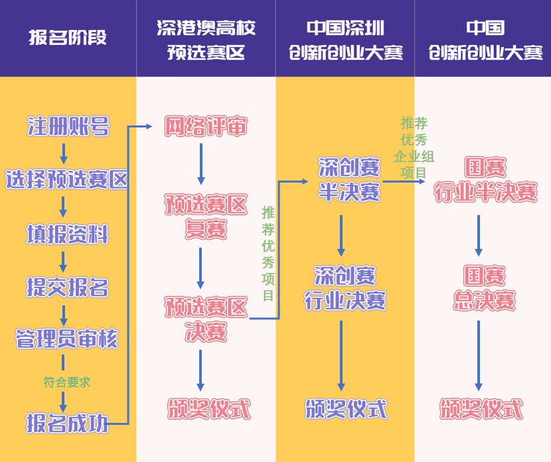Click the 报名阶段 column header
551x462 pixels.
pyautogui.click(x=68, y=37)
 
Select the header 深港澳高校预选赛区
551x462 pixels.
pyautogui.click(x=206, y=40)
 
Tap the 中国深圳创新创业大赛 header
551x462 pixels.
pyautogui.click(x=345, y=40)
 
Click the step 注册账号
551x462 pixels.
pyautogui.click(x=68, y=125)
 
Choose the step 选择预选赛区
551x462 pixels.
pyautogui.click(x=66, y=179)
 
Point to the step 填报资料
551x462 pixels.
pyautogui.click(x=67, y=234)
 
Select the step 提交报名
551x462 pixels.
pyautogui.click(x=67, y=287)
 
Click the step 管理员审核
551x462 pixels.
pyautogui.click(x=66, y=340)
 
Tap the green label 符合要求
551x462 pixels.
pyautogui.click(x=66, y=382)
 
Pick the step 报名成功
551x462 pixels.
pyautogui.click(x=67, y=423)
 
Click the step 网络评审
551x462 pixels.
pyautogui.click(x=206, y=126)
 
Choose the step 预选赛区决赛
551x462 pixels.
pyautogui.click(x=206, y=319)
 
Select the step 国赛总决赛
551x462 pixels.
pyautogui.click(x=485, y=288)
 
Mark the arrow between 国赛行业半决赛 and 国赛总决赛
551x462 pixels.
pyautogui.click(x=479, y=235)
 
